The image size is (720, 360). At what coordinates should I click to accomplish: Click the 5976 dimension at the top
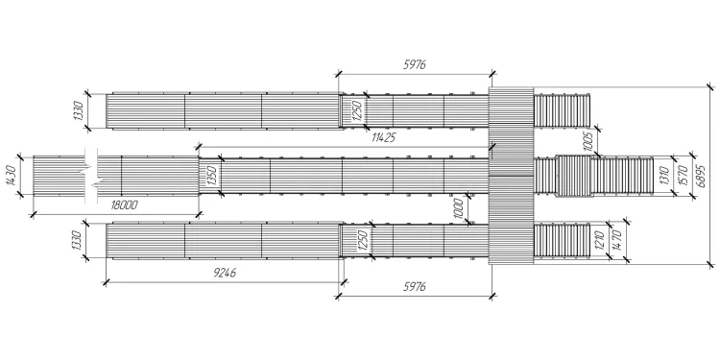(x=415, y=64)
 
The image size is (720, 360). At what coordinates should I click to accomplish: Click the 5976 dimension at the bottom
(x=415, y=287)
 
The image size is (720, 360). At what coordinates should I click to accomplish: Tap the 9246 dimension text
(x=225, y=274)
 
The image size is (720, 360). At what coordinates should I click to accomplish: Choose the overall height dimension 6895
(x=701, y=176)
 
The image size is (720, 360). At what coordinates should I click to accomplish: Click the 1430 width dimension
(x=12, y=176)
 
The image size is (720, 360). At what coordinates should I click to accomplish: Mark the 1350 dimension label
(x=212, y=176)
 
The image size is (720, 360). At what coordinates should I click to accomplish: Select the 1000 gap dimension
(x=461, y=209)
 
